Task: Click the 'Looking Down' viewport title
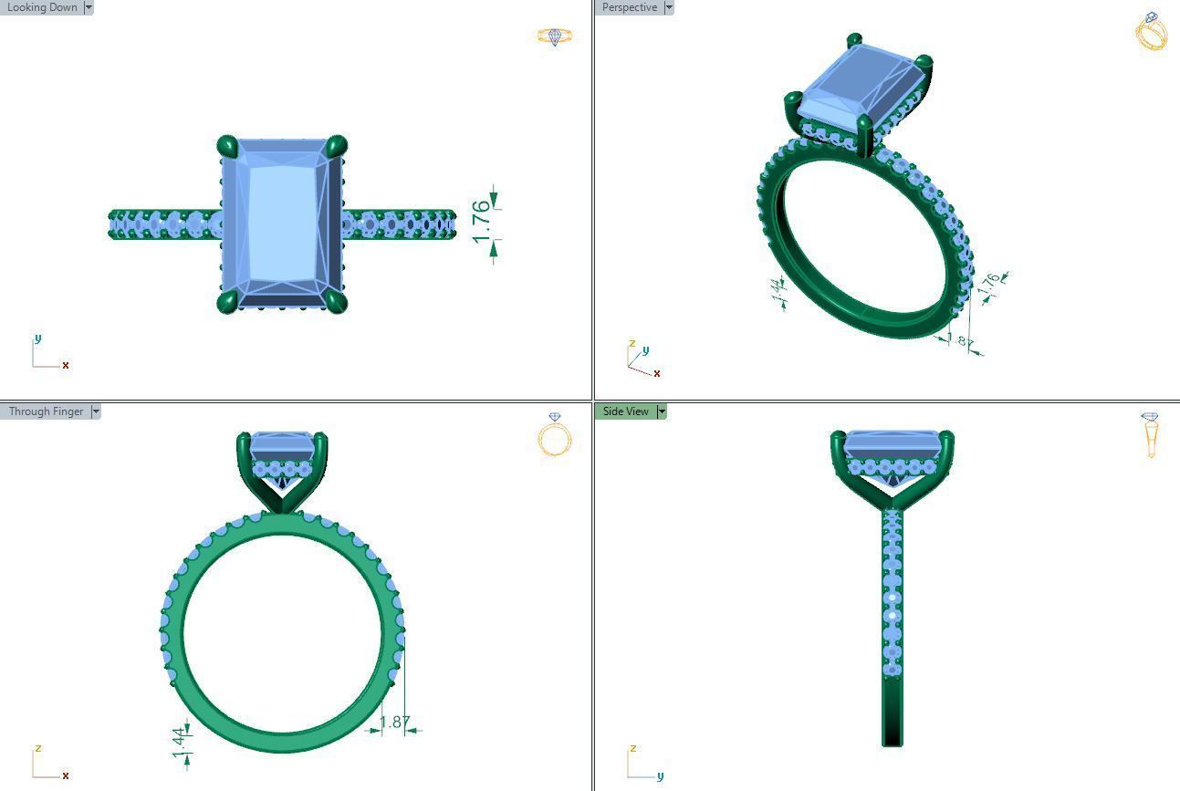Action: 42,7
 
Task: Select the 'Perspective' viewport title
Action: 629,7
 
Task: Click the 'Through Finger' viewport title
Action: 46,411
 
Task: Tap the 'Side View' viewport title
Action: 625,411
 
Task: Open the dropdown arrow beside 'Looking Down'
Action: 88,7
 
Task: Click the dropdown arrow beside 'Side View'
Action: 662,411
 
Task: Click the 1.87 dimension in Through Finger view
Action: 394,723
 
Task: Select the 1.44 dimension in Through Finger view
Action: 179,742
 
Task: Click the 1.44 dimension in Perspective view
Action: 777,291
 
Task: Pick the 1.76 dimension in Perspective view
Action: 988,284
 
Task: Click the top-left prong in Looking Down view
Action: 227,146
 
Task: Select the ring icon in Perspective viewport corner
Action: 1151,32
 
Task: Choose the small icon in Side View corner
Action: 1151,435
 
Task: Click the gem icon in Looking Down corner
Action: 554,36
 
